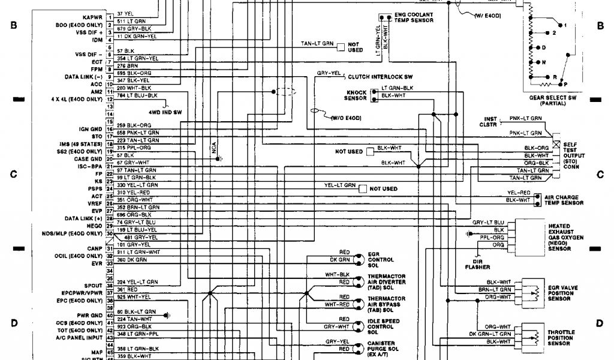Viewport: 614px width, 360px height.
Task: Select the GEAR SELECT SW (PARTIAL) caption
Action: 552,100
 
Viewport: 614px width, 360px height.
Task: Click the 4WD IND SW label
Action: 165,112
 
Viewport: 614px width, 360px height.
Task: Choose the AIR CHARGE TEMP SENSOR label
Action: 564,200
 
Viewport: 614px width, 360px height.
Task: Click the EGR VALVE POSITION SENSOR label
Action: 563,293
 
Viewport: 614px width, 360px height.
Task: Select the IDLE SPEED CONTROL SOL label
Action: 384,327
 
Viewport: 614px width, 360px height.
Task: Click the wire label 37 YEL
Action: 125,13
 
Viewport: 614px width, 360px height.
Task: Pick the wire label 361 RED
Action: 124,289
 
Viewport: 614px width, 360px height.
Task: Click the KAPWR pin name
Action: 92,17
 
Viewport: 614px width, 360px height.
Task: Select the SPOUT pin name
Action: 93,285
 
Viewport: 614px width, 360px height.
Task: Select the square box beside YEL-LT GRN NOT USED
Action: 362,189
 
